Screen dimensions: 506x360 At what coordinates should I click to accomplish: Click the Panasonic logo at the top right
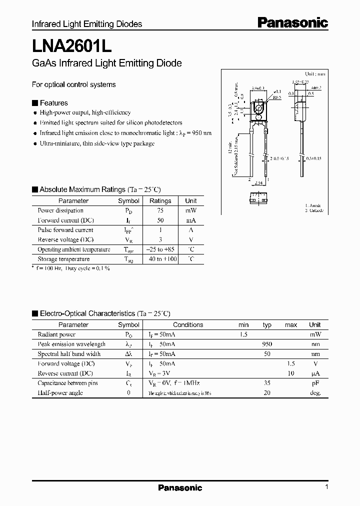292,22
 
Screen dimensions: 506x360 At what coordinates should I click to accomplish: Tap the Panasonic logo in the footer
180,487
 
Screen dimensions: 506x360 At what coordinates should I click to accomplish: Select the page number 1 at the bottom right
326,487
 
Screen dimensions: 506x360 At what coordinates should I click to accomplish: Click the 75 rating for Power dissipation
160,210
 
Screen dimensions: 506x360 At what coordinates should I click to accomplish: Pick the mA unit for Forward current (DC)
191,220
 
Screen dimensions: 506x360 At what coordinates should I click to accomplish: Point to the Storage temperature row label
63,259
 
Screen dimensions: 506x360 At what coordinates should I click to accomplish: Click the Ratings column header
160,200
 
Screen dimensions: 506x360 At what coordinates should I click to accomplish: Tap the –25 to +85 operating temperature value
160,249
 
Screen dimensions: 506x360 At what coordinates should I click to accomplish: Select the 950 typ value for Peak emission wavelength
267,344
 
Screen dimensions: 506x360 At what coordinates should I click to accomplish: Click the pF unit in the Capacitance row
315,383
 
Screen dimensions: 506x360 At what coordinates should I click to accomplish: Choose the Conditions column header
188,324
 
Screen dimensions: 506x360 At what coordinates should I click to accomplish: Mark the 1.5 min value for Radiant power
243,334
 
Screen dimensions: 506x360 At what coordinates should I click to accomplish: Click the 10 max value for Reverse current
290,373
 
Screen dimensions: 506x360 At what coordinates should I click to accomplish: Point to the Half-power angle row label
60,393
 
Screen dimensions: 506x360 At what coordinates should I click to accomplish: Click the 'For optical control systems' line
73,84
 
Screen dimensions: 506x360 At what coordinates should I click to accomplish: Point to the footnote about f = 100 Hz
71,268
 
